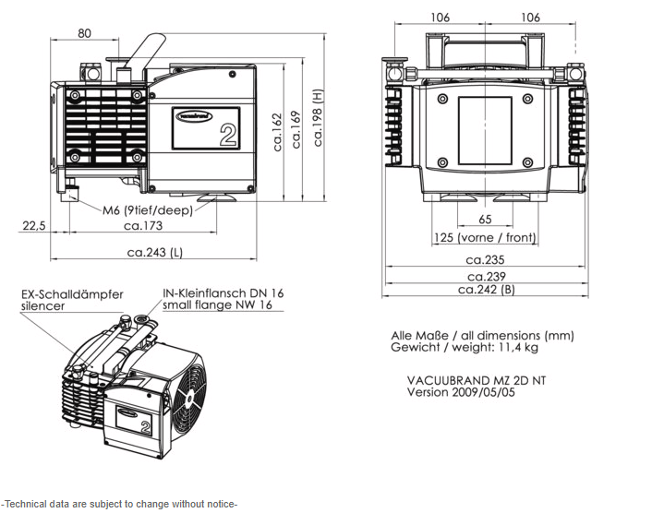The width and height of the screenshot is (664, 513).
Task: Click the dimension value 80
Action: tap(84, 33)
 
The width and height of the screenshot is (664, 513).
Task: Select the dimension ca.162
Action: tap(277, 132)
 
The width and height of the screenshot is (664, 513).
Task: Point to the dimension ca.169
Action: tap(296, 129)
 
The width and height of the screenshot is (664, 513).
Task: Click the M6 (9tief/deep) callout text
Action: tap(143, 209)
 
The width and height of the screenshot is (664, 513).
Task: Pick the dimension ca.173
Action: tap(143, 225)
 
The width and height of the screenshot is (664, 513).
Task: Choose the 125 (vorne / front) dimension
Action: tap(485, 238)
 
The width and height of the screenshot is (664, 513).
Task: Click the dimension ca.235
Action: tap(486, 260)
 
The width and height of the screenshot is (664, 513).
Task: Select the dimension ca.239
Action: tap(486, 276)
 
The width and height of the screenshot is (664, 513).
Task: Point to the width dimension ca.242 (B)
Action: tap(486, 290)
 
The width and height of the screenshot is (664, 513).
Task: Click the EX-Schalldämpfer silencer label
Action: tap(71, 300)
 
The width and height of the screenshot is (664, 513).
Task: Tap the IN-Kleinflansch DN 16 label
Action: tap(223, 292)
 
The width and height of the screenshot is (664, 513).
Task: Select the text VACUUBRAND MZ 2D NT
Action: tap(476, 379)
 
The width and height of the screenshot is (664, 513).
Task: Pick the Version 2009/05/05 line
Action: tap(463, 391)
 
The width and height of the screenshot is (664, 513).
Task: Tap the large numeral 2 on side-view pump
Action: tap(228, 136)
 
